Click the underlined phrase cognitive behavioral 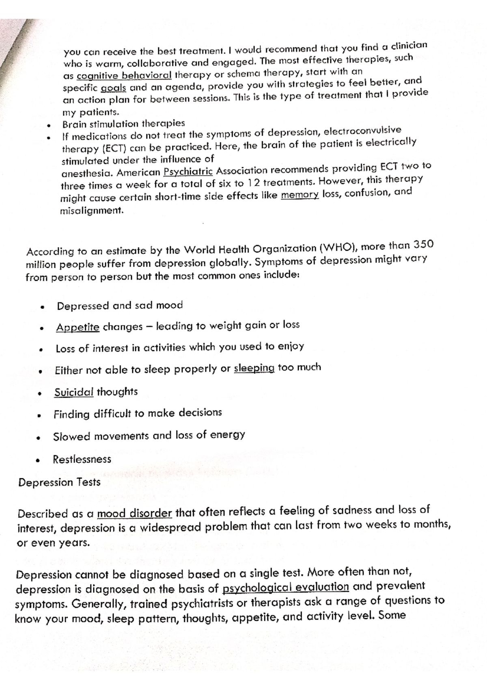(x=124, y=76)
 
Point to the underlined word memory (x=300, y=195)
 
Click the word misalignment (x=91, y=211)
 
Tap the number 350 (x=423, y=244)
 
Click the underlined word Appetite (x=78, y=327)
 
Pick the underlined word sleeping (x=254, y=368)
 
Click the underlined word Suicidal (x=74, y=392)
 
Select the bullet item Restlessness (x=82, y=459)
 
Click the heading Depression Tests (x=59, y=482)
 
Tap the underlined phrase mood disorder (x=135, y=513)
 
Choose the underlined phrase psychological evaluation (x=286, y=587)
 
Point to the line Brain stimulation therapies (x=123, y=124)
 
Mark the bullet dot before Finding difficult (x=38, y=416)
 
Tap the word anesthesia (x=87, y=174)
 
